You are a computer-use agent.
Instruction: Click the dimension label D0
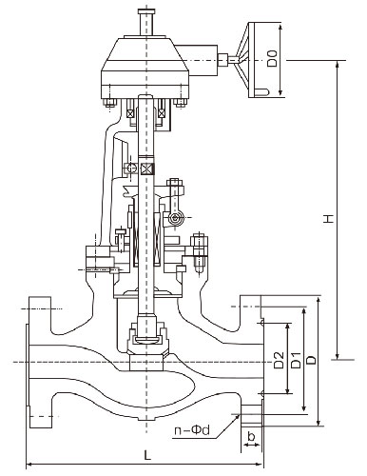click(272, 58)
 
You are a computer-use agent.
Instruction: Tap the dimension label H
click(329, 218)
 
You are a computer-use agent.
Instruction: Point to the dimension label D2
click(280, 360)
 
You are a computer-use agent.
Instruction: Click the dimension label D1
click(296, 360)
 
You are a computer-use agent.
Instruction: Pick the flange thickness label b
click(251, 437)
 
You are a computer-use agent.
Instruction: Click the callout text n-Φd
click(192, 430)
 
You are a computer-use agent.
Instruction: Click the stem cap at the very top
click(146, 12)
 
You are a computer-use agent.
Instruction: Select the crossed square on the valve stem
click(146, 169)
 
